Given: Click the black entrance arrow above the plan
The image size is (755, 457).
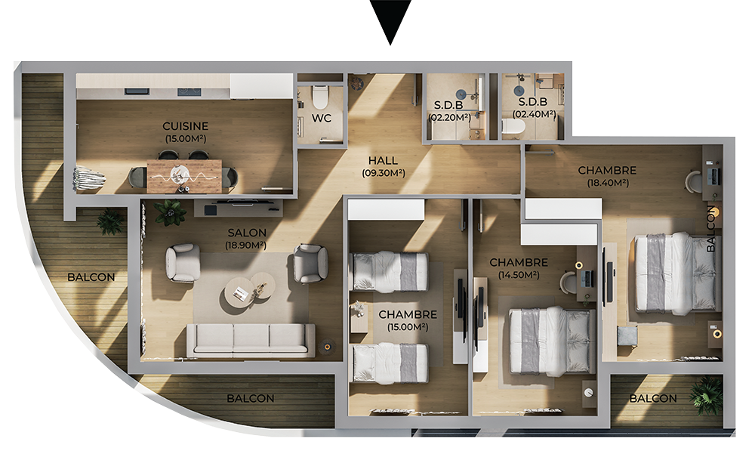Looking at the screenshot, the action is point(390,20).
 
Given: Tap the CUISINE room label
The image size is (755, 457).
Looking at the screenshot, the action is point(186,126).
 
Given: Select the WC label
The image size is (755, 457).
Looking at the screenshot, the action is point(321,118).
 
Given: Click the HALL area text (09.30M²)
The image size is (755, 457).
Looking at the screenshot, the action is point(384,173).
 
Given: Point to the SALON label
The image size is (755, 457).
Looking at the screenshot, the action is point(247,233).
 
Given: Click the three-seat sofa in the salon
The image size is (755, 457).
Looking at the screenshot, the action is point(251,339).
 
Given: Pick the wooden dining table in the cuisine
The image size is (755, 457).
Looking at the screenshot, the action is point(184,176).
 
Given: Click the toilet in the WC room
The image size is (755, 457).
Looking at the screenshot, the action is point(319,97).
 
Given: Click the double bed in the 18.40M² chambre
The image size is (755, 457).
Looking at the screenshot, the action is point(675,273).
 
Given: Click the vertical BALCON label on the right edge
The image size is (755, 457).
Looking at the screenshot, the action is point(711,229).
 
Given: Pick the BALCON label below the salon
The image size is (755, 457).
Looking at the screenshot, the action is point(251,399).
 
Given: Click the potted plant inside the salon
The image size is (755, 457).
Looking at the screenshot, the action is point(169,212).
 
